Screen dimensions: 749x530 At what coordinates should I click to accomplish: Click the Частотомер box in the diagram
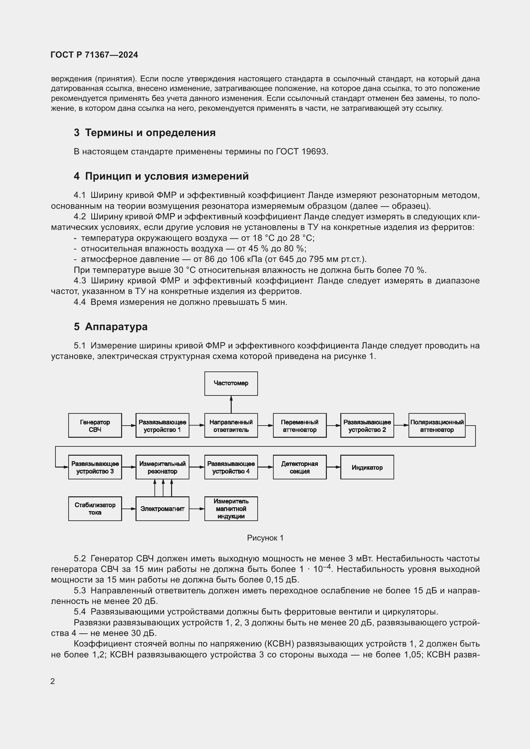pyautogui.click(x=231, y=383)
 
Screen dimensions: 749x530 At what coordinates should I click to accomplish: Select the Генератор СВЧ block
pyautogui.click(x=95, y=425)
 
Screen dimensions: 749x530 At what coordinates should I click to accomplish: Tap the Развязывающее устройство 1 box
pyautogui.click(x=162, y=425)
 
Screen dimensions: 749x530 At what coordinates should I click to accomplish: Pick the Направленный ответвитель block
pyautogui.click(x=231, y=425)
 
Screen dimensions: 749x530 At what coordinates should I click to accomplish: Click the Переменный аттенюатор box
pyautogui.click(x=299, y=425)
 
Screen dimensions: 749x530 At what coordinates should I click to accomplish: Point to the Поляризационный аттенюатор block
pyautogui.click(x=437, y=425)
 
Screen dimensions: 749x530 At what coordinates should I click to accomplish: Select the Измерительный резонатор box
pyautogui.click(x=162, y=467)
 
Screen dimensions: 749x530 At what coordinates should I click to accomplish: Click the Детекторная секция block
pyautogui.click(x=299, y=467)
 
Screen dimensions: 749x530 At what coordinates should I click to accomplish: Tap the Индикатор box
pyautogui.click(x=367, y=467)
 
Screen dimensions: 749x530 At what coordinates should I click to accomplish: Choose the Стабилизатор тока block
pyautogui.click(x=95, y=509)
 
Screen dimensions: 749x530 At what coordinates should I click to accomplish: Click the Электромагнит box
pyautogui.click(x=162, y=509)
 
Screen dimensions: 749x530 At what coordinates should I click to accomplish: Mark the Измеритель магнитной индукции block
pyautogui.click(x=231, y=509)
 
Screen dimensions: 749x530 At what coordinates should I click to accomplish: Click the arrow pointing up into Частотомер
pyautogui.click(x=231, y=404)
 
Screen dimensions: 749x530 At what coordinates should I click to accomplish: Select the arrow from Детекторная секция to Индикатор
pyautogui.click(x=333, y=467)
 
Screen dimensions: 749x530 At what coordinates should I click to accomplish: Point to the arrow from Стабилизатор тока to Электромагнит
pyautogui.click(x=128, y=509)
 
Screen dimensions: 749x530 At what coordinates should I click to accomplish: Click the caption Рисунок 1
pyautogui.click(x=265, y=538)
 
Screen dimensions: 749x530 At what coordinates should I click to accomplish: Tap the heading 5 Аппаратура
pyautogui.click(x=111, y=327)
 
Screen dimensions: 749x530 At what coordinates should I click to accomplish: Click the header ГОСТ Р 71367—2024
pyautogui.click(x=94, y=55)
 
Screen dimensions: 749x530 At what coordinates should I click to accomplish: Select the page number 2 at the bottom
pyautogui.click(x=53, y=681)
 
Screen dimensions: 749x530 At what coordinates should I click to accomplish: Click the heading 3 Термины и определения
pyautogui.click(x=145, y=133)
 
